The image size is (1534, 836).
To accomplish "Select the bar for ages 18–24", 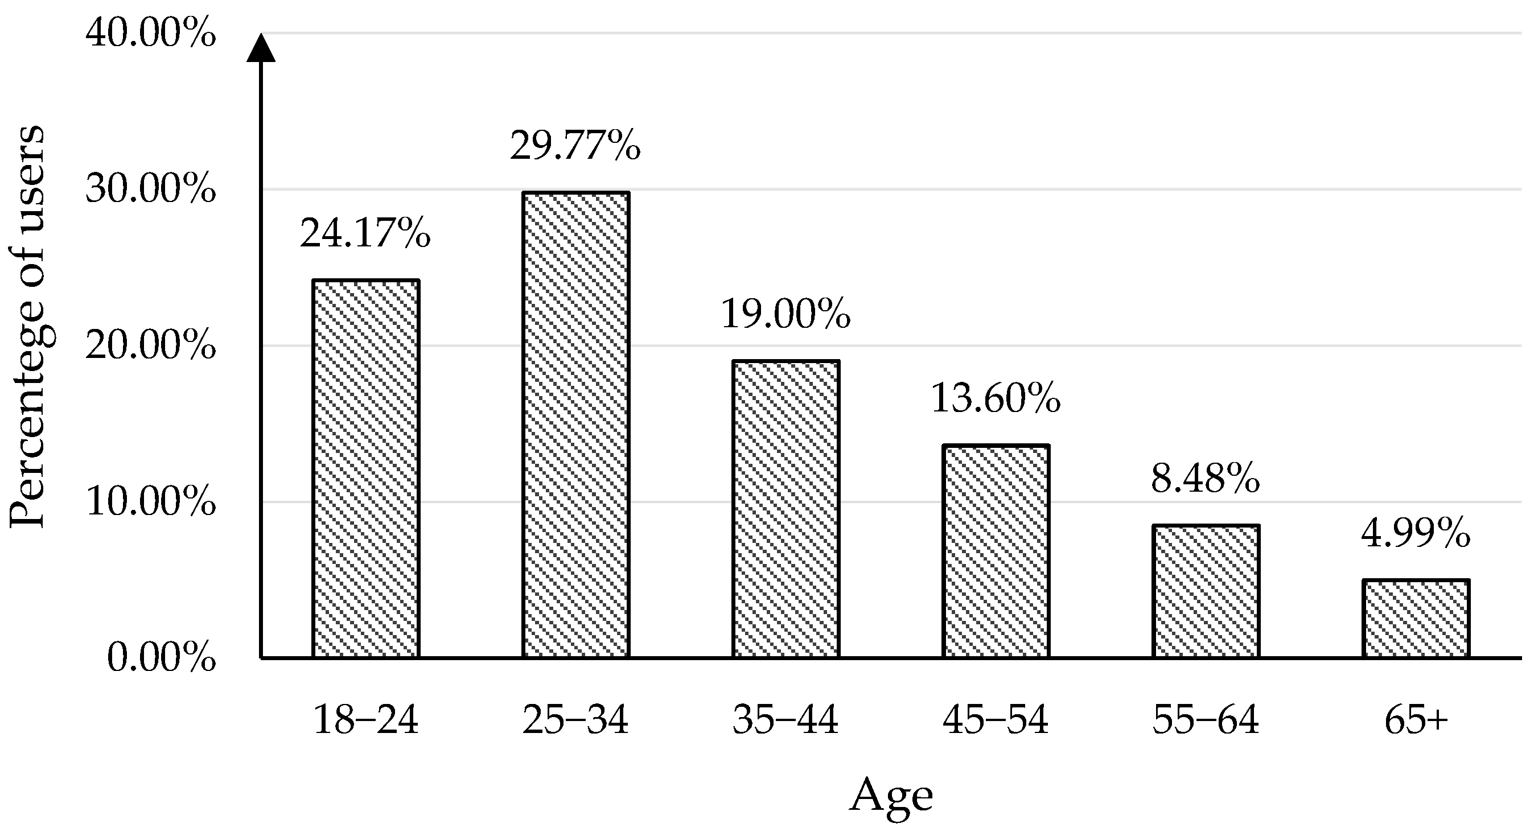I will [x=365, y=468].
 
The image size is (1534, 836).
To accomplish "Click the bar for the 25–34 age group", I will [x=576, y=425].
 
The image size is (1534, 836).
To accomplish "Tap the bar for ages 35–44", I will [x=785, y=509].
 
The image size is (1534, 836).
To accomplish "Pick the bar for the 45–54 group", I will [x=996, y=551].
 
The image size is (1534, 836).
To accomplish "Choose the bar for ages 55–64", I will [x=1206, y=591].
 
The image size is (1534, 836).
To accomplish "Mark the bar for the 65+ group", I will [x=1416, y=619].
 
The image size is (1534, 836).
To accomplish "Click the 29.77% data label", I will [x=575, y=146].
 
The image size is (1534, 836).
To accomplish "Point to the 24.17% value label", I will [x=365, y=233].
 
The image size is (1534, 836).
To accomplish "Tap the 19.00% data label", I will [x=785, y=314].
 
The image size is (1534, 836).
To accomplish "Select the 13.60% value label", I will [x=996, y=398].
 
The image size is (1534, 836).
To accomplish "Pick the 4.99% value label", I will [x=1416, y=533].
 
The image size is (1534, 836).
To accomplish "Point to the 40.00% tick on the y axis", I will [x=151, y=34].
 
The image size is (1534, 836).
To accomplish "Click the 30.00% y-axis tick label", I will [x=151, y=190].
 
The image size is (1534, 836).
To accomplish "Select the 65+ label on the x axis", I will [x=1416, y=720].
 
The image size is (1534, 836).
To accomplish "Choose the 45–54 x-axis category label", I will [x=996, y=720].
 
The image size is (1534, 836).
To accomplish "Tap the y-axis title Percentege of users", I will [x=27, y=326].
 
